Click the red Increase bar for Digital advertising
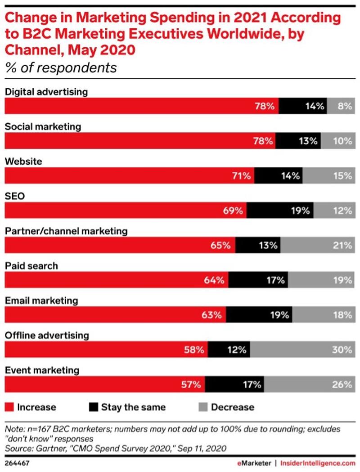(141, 106)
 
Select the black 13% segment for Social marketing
(298, 141)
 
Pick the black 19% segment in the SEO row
(280, 210)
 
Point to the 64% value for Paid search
(213, 280)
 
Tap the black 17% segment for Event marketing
(234, 384)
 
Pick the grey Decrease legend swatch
(202, 407)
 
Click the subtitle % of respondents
(61, 68)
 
